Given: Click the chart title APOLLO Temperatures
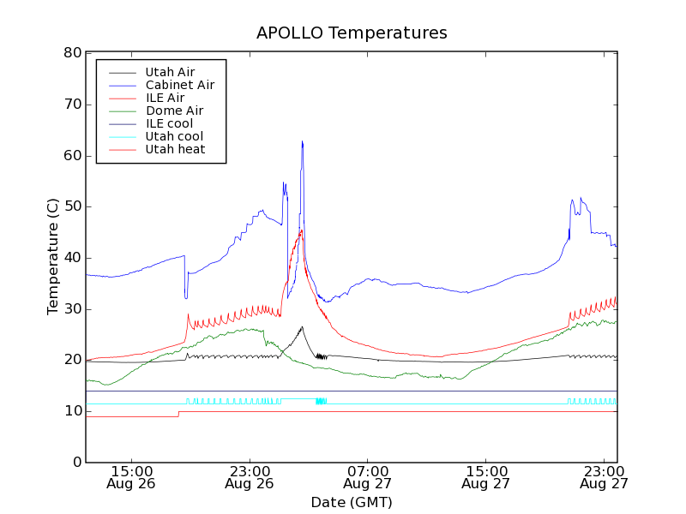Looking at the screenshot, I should tap(352, 33).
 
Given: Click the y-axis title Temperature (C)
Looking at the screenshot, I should tap(53, 257).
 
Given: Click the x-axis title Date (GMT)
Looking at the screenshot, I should tap(352, 502).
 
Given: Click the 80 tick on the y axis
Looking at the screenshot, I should tap(72, 53).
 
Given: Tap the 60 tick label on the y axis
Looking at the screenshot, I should tap(72, 156).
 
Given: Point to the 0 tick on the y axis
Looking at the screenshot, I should tap(76, 463).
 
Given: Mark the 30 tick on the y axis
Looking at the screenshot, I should tap(72, 309).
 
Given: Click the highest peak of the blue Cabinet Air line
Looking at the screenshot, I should tap(302, 141).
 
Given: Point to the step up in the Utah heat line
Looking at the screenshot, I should tap(178, 414).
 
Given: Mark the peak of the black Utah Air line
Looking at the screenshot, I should tap(302, 326).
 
